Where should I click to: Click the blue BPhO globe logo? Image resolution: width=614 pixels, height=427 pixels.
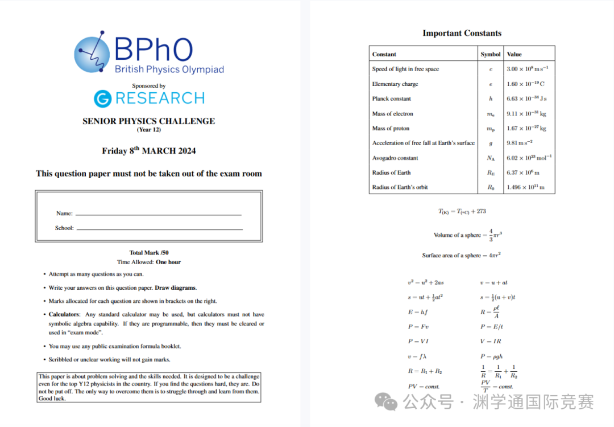pyautogui.click(x=92, y=54)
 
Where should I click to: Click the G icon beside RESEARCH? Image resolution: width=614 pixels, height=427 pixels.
pyautogui.click(x=102, y=98)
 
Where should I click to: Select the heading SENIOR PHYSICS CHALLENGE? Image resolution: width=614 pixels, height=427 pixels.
pyautogui.click(x=148, y=121)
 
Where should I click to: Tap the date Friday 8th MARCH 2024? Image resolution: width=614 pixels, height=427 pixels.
pyautogui.click(x=148, y=151)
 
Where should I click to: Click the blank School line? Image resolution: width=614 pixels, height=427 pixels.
pyautogui.click(x=159, y=228)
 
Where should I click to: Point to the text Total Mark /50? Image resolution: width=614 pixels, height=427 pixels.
pyautogui.click(x=149, y=253)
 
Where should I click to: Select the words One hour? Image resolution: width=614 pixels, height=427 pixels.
pyautogui.click(x=168, y=262)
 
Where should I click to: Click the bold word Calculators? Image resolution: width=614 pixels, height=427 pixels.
pyautogui.click(x=63, y=314)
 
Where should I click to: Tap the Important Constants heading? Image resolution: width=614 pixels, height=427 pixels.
pyautogui.click(x=462, y=33)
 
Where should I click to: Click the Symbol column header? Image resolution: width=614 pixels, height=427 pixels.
pyautogui.click(x=490, y=54)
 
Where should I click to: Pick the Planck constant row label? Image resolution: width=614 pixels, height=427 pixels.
pyautogui.click(x=392, y=98)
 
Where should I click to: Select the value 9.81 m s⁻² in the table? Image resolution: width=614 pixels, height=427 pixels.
pyautogui.click(x=519, y=143)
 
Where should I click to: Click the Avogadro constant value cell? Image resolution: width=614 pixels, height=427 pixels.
pyautogui.click(x=529, y=158)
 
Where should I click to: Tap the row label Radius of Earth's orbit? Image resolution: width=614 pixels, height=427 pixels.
pyautogui.click(x=400, y=187)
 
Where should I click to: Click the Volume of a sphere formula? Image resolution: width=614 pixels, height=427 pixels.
pyautogui.click(x=467, y=234)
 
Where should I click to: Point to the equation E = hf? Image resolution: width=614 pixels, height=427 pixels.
pyautogui.click(x=418, y=312)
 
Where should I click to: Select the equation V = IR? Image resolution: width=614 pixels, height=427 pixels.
pyautogui.click(x=491, y=342)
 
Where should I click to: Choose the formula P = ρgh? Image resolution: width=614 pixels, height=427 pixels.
pyautogui.click(x=491, y=356)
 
